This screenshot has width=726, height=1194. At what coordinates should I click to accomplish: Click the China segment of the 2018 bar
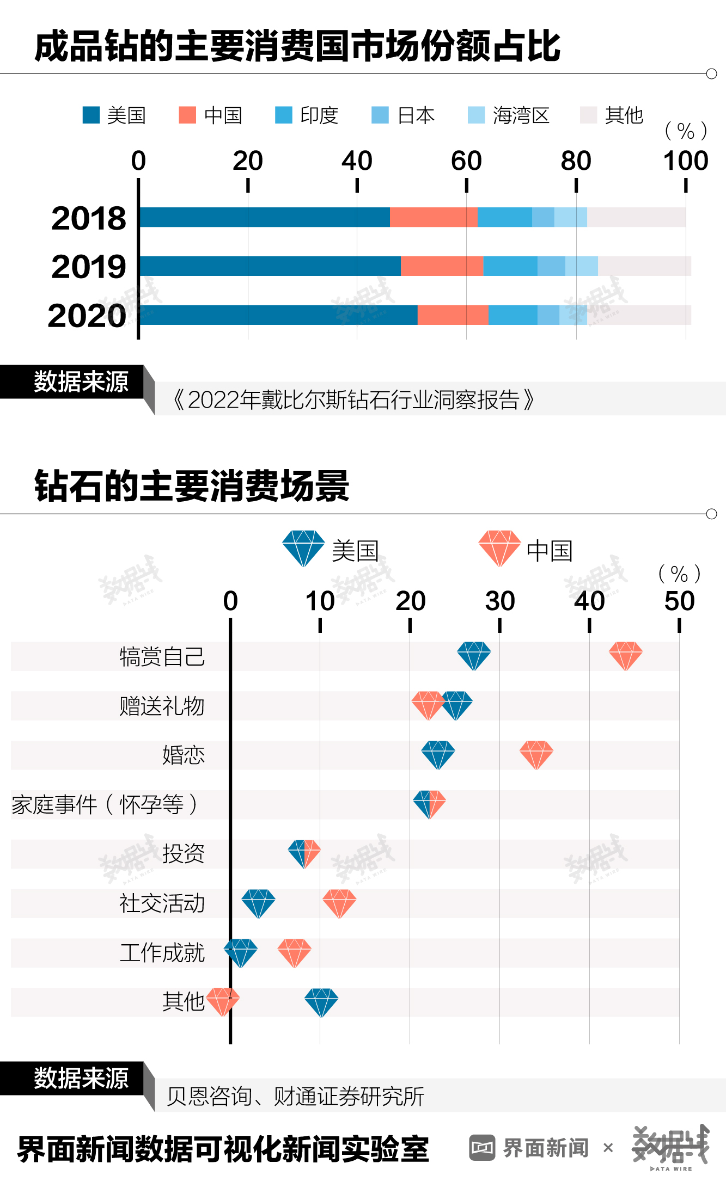click(x=434, y=217)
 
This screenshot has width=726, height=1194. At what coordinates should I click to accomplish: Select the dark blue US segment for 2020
click(x=278, y=315)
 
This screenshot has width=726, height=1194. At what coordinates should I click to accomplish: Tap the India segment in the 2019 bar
click(x=510, y=266)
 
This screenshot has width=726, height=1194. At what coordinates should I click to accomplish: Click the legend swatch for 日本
click(x=380, y=115)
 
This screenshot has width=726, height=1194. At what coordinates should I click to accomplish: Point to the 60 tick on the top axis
click(x=466, y=161)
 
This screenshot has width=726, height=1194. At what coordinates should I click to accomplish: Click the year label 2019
click(x=89, y=267)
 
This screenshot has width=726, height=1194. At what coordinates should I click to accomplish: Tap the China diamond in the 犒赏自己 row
click(x=625, y=655)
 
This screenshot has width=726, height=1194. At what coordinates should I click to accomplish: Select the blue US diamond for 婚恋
click(x=438, y=754)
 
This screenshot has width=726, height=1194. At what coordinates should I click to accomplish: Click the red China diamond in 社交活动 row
click(x=339, y=903)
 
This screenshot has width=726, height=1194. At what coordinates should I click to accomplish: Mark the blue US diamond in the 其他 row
click(x=321, y=1002)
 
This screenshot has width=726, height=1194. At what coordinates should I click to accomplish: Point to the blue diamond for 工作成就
click(x=241, y=952)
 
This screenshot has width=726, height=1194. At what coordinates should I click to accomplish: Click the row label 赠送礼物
click(x=162, y=706)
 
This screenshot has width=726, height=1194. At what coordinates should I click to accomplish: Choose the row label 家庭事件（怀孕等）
click(x=105, y=804)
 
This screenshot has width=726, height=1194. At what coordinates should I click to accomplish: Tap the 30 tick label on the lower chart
click(x=499, y=601)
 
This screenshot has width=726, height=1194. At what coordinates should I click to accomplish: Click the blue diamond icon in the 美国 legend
click(x=303, y=548)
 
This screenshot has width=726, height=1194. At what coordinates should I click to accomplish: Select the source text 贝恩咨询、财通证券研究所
click(x=295, y=1097)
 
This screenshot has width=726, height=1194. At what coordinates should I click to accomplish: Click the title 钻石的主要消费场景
click(x=192, y=486)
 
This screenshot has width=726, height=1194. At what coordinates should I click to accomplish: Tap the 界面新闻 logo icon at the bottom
click(x=482, y=1148)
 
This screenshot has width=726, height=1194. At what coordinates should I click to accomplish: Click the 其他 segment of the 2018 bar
click(x=636, y=217)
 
